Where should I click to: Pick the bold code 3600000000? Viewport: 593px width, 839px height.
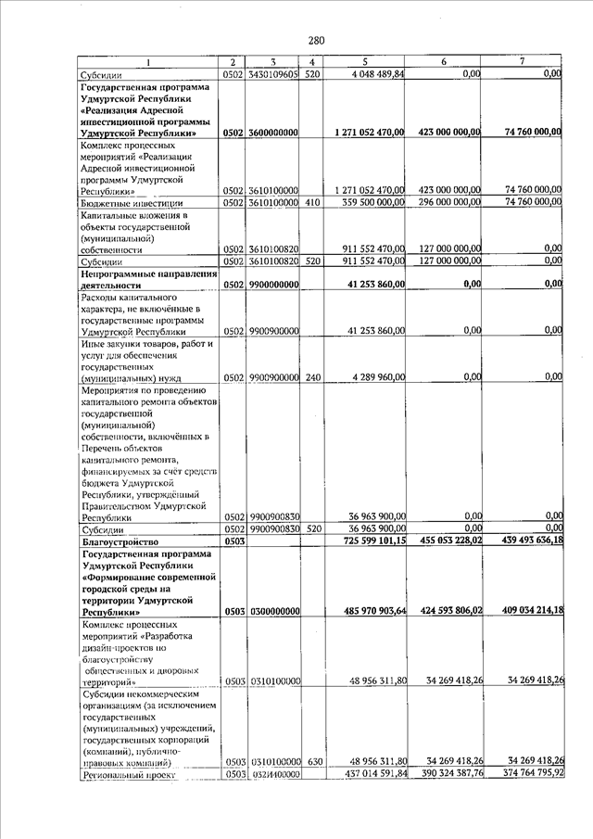(272, 134)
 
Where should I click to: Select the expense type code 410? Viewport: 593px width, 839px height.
(313, 202)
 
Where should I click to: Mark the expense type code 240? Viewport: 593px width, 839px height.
(313, 377)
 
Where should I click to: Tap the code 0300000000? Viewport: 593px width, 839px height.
(272, 612)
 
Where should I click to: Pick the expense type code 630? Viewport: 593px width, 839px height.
(313, 761)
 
